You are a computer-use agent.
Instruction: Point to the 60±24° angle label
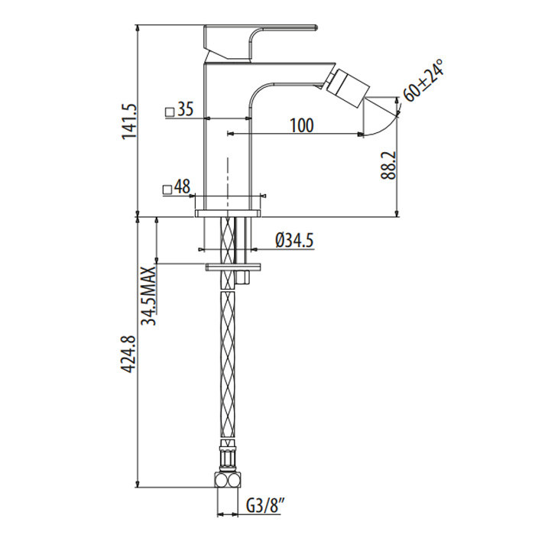click(x=423, y=83)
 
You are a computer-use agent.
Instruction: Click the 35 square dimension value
click(x=184, y=110)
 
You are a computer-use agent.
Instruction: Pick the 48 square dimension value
click(x=182, y=186)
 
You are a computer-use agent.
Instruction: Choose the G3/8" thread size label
click(x=266, y=505)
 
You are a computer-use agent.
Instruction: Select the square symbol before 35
click(x=169, y=111)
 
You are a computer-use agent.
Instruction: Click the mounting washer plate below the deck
click(x=233, y=267)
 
